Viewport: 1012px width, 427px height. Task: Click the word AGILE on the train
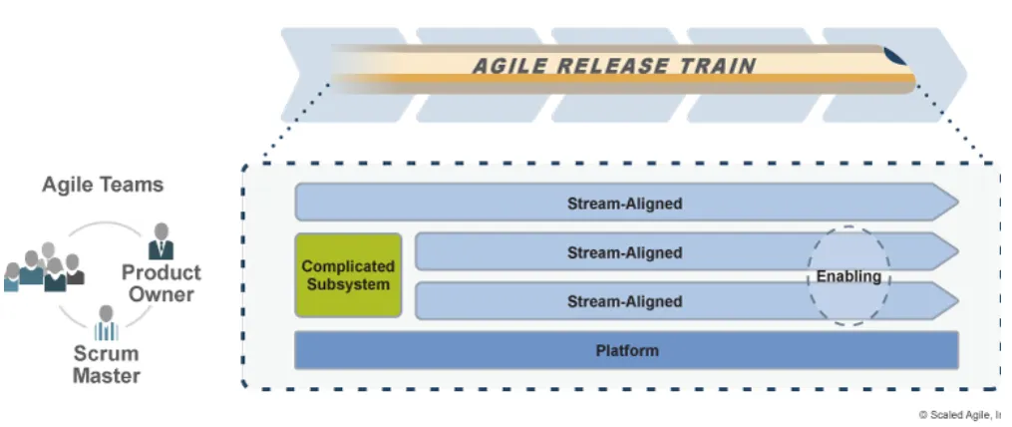(x=506, y=68)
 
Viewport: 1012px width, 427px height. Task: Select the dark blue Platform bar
(x=626, y=351)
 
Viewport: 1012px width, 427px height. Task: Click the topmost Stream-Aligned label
(x=624, y=204)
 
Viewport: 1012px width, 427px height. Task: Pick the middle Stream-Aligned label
(x=624, y=252)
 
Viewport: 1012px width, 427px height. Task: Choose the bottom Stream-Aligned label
(x=624, y=301)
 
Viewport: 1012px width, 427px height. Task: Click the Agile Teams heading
(x=103, y=185)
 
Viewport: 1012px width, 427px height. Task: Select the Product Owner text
(x=161, y=283)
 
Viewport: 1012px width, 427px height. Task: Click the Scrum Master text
(x=106, y=365)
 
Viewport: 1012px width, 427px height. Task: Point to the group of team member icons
(x=44, y=267)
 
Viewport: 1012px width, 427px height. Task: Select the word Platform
(x=626, y=351)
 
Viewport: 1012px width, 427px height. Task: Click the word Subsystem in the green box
(x=348, y=284)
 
